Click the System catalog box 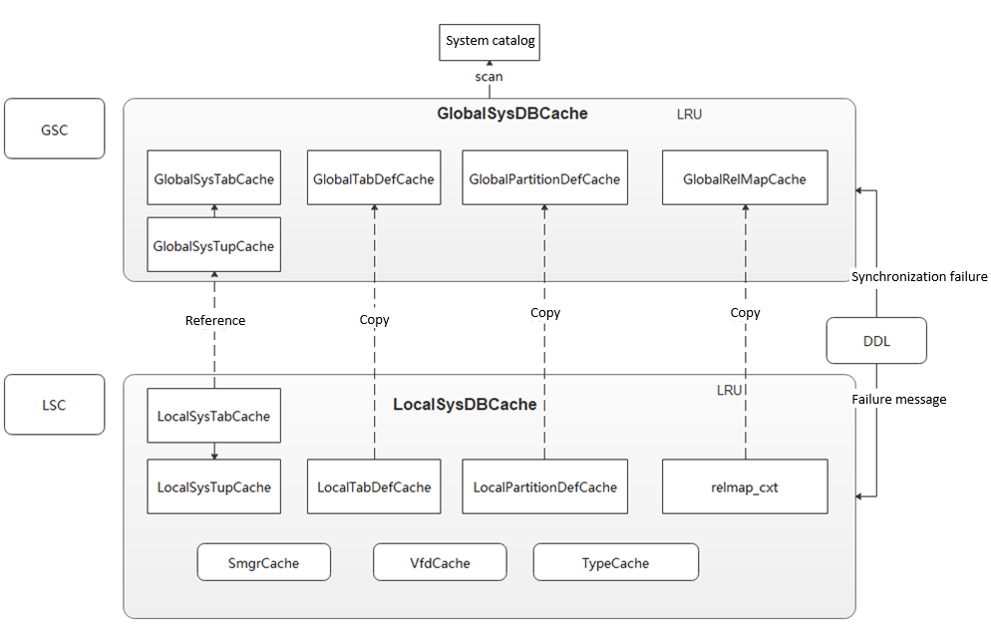(490, 41)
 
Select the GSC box (54, 129)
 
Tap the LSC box (54, 405)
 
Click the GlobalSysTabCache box (213, 179)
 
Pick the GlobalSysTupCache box (213, 245)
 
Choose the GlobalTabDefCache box (374, 179)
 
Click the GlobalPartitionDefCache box (544, 179)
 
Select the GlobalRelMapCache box (745, 179)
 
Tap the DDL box (876, 341)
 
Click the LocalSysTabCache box (213, 416)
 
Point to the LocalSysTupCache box (213, 487)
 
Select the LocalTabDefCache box (374, 487)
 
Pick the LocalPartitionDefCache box (544, 487)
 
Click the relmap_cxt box (745, 487)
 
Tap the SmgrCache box (263, 562)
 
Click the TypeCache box (615, 562)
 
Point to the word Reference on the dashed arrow (214, 320)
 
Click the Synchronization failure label (919, 276)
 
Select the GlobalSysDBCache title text (511, 114)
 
